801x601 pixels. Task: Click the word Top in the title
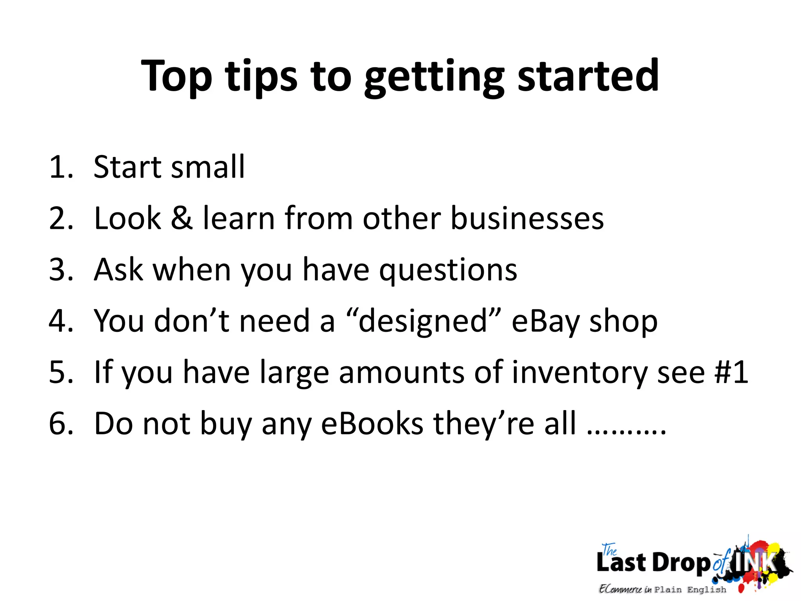click(176, 76)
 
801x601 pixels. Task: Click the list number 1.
click(61, 167)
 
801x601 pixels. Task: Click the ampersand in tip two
click(182, 218)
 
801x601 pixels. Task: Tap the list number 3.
click(61, 270)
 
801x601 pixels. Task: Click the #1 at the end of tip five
click(731, 372)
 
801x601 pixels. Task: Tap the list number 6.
click(61, 424)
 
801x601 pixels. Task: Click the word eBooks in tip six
click(372, 424)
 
